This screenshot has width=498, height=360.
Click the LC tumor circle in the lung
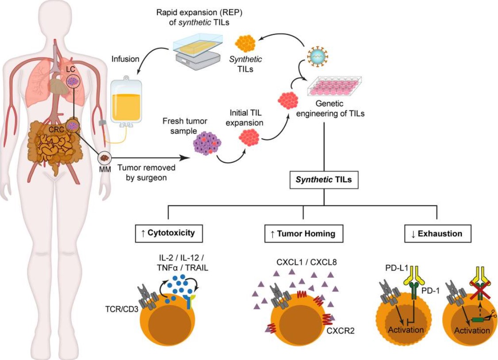pyautogui.click(x=73, y=81)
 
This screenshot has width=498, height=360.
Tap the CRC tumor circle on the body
pyautogui.click(x=73, y=126)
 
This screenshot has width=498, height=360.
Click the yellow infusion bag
pyautogui.click(x=126, y=101)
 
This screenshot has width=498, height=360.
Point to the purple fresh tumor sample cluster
pyautogui.click(x=207, y=142)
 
